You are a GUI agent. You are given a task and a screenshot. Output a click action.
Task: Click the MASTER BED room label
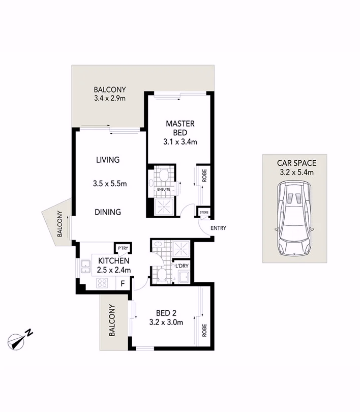[180, 128]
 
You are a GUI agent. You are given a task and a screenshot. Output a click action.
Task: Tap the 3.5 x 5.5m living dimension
[110, 184]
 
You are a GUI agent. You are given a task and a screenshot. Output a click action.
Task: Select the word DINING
[108, 212]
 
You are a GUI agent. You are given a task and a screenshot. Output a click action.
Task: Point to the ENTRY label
[218, 228]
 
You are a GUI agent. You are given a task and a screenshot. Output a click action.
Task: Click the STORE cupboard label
[204, 212]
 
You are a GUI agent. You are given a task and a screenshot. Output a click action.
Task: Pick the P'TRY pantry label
[123, 248]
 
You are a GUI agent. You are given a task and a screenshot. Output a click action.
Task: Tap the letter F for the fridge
[123, 284]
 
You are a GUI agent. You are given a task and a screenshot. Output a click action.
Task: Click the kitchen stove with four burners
[102, 283]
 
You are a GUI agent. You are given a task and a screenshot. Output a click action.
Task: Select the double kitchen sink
[85, 267]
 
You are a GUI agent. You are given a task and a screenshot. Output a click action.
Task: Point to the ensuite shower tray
[164, 207]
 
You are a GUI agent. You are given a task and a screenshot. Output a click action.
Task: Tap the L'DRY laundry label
[182, 266]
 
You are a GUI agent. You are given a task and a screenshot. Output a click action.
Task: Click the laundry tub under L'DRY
[184, 278]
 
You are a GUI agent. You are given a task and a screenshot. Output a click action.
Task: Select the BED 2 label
[166, 313]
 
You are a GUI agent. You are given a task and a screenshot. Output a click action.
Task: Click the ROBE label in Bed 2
[204, 330]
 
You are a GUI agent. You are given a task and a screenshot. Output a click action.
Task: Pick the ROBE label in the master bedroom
[204, 175]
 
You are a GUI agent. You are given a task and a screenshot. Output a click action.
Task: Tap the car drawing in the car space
[294, 218]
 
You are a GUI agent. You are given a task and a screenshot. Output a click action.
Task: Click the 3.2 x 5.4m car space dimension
[297, 172]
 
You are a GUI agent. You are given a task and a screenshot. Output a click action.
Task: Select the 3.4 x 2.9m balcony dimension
[110, 98]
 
